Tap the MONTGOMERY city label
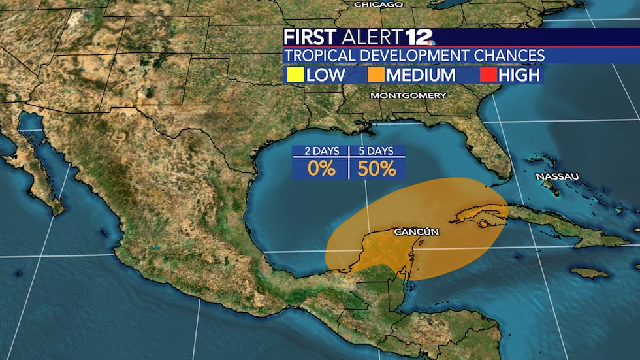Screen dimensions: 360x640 coord(408,95)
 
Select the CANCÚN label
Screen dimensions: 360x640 coord(416,232)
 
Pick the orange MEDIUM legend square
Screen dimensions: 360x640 coord(376,75)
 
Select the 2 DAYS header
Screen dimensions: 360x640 coord(321,151)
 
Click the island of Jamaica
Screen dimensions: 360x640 coord(589,272)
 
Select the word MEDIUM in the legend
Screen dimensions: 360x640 coord(421,75)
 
